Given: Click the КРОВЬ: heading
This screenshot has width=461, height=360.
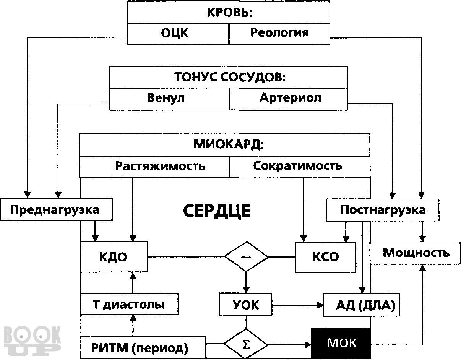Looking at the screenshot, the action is click(x=230, y=13).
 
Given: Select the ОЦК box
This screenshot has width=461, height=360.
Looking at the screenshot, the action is click(x=178, y=34).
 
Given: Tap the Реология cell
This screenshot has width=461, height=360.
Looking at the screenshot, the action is click(x=279, y=34).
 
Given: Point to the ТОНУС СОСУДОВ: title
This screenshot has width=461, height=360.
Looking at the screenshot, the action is click(x=230, y=77).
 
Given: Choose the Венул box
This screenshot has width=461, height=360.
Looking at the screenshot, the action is click(x=169, y=99).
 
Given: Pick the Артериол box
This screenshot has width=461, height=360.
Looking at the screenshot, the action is click(x=289, y=99).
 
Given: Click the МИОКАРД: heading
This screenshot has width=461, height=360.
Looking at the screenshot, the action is click(x=229, y=144).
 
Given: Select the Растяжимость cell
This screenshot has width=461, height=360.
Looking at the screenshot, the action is click(x=154, y=167).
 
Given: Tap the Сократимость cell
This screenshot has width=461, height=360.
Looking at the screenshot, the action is click(x=300, y=167).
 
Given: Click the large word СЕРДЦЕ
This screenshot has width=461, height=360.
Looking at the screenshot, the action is click(x=217, y=211).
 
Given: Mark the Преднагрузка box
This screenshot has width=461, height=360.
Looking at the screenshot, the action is click(x=56, y=209).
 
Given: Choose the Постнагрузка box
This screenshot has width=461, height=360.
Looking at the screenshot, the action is click(x=383, y=210).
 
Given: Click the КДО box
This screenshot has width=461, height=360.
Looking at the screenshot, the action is click(x=114, y=257).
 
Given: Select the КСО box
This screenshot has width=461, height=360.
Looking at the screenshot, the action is click(x=325, y=257).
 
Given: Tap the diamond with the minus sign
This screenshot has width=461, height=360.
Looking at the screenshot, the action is click(x=246, y=257).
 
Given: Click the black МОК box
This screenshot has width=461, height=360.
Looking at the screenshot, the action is click(x=341, y=344).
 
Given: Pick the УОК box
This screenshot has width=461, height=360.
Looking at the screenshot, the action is click(x=245, y=304).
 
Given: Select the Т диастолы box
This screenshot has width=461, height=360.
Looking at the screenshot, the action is click(x=130, y=304).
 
